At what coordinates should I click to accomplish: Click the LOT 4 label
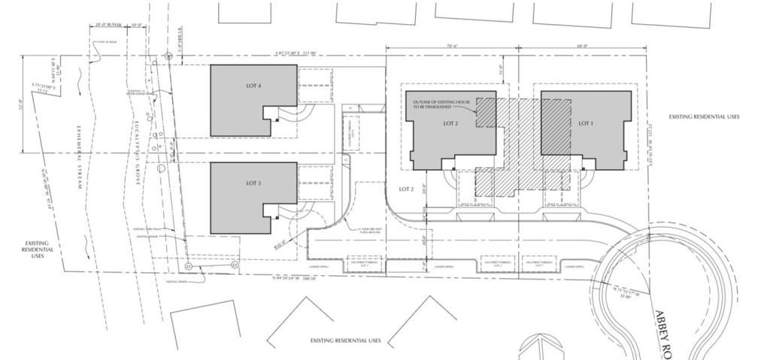pyautogui.click(x=253, y=86)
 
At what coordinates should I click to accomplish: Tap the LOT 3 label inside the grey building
pyautogui.click(x=253, y=183)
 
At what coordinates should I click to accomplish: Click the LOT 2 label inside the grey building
pyautogui.click(x=451, y=123)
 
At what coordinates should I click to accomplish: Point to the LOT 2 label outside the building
pyautogui.click(x=407, y=189)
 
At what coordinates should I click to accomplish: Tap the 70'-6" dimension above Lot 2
pyautogui.click(x=452, y=47)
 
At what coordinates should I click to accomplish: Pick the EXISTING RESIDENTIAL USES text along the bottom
pyautogui.click(x=346, y=340)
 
